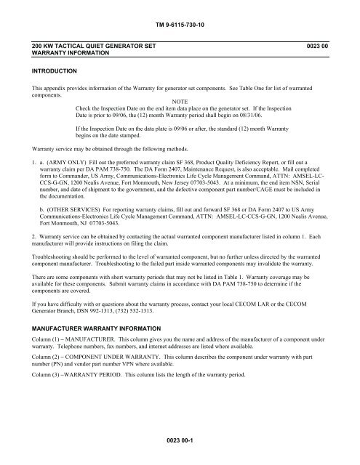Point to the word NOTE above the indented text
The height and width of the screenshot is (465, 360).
point(180,100)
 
